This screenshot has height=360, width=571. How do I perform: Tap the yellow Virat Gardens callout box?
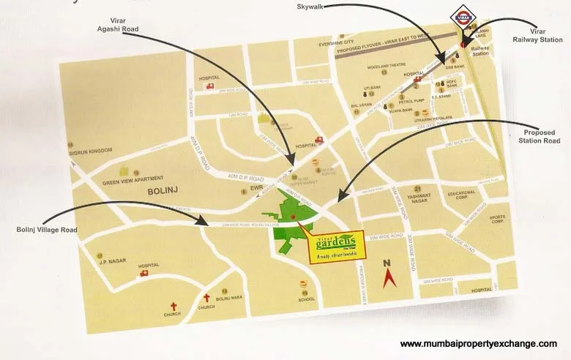point(337,244)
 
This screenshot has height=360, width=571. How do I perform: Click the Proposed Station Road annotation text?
point(539,136)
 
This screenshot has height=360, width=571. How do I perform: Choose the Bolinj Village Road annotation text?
point(46,230)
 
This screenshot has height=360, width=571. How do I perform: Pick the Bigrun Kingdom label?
point(90,151)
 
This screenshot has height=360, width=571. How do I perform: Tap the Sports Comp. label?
point(497,219)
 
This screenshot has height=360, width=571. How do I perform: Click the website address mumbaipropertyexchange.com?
point(478,344)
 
